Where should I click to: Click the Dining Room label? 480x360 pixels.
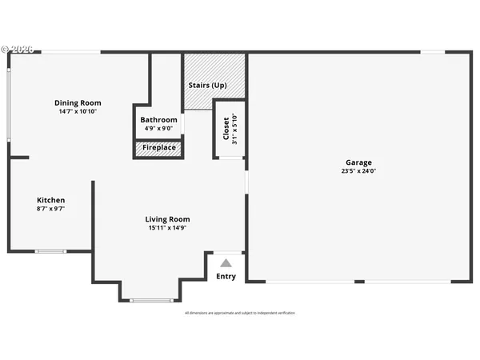pyautogui.click(x=78, y=102)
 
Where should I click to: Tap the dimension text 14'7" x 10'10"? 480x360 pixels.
pyautogui.click(x=78, y=112)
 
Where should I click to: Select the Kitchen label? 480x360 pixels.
pyautogui.click(x=50, y=200)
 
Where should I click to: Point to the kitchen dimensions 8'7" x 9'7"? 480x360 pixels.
pyautogui.click(x=50, y=209)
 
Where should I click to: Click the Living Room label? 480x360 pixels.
pyautogui.click(x=167, y=219)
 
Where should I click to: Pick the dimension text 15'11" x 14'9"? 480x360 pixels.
pyautogui.click(x=167, y=228)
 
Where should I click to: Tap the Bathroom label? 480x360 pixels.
pyautogui.click(x=159, y=120)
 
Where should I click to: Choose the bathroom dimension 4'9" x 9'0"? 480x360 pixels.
pyautogui.click(x=159, y=129)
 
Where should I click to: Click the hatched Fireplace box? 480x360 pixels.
pyautogui.click(x=159, y=148)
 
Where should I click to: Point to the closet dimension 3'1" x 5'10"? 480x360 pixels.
pyautogui.click(x=234, y=128)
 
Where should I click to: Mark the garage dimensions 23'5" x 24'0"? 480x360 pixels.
pyautogui.click(x=358, y=170)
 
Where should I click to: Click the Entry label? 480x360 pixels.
pyautogui.click(x=226, y=277)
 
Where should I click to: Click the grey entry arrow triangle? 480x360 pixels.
pyautogui.click(x=226, y=262)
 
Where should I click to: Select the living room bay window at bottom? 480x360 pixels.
pyautogui.click(x=150, y=301)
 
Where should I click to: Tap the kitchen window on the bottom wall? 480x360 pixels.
pyautogui.click(x=50, y=251)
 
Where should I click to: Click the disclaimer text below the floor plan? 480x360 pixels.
pyautogui.click(x=240, y=313)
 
